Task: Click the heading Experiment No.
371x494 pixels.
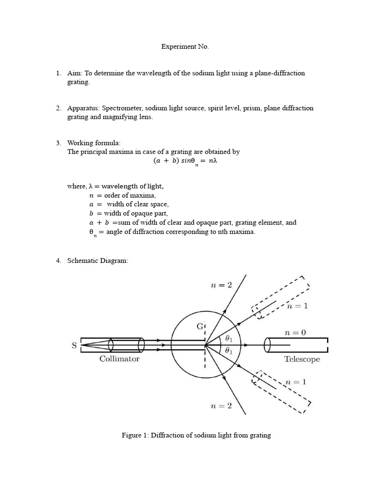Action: coord(185,47)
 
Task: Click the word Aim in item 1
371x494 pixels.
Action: coord(73,73)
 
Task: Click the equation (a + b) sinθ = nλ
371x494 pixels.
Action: coord(185,162)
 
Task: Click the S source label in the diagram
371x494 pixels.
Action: coord(74,345)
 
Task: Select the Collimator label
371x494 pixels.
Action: coord(119,359)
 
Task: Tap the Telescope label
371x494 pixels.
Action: coord(302,359)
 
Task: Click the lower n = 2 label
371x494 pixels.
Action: coord(221,406)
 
